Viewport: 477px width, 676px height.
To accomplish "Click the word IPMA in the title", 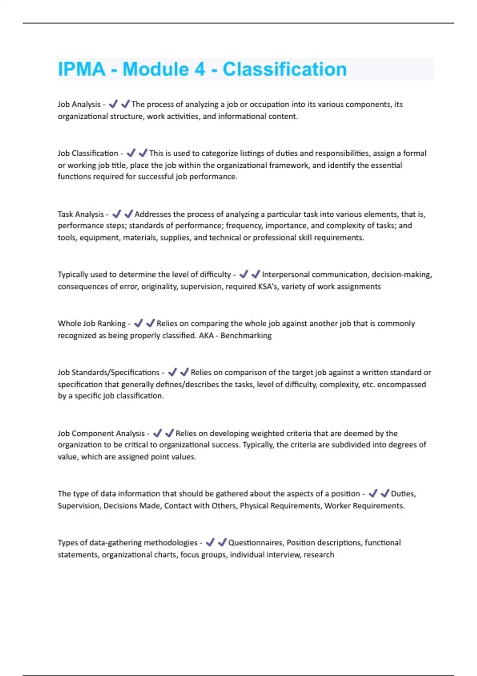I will [x=81, y=69].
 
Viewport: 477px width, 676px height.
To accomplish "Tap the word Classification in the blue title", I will [x=285, y=69].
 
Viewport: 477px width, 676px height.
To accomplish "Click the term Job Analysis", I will [x=79, y=105].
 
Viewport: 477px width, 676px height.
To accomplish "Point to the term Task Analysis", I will [x=81, y=214].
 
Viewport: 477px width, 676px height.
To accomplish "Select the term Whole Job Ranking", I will [x=91, y=324].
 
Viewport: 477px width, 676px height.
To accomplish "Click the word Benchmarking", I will [x=246, y=336].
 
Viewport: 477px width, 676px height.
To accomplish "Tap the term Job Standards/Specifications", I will [x=109, y=373].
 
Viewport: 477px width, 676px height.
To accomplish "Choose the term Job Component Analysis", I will [x=101, y=433].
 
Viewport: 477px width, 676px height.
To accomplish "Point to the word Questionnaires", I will [x=255, y=543].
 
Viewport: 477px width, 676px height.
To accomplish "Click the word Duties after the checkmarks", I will [x=403, y=494].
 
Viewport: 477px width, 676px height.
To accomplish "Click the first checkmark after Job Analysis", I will [x=113, y=104].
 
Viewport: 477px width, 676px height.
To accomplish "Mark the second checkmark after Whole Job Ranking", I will [x=150, y=323].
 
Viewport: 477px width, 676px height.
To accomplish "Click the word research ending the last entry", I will [x=319, y=555].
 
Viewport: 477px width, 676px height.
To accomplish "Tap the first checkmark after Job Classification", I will [x=131, y=153].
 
